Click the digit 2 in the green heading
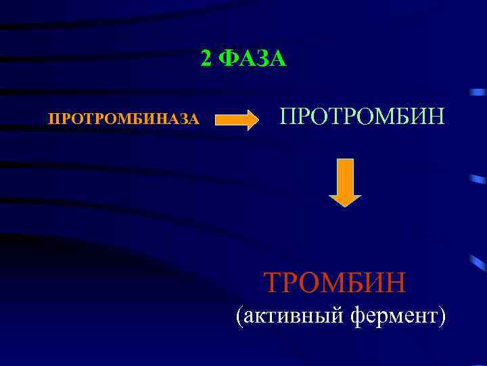207,59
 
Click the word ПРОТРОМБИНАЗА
124,120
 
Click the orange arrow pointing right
237,120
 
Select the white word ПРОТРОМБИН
363,116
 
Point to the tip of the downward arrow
345,204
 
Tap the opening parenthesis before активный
238,317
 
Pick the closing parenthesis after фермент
441,317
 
